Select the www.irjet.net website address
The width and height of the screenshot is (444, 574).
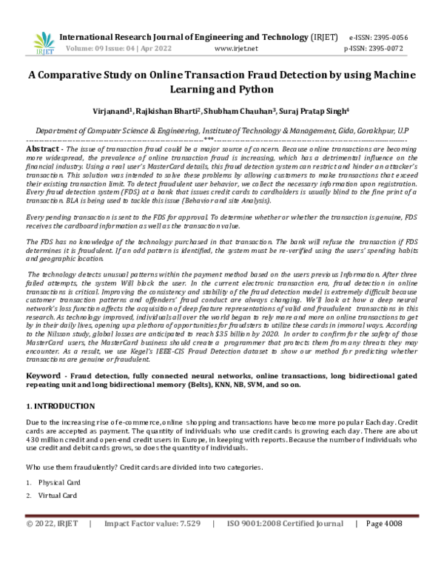(x=235, y=48)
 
